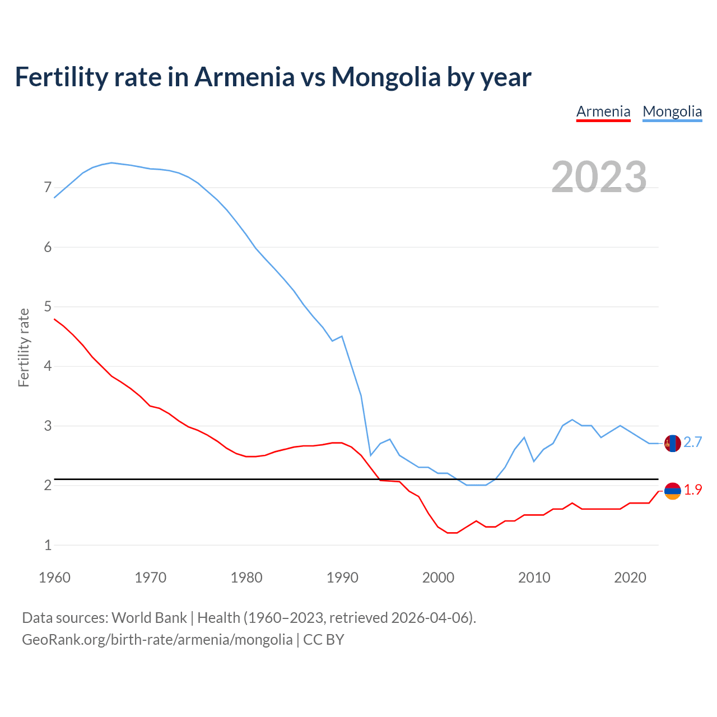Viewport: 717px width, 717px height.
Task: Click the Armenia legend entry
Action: coord(603,111)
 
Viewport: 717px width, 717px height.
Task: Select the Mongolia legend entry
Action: coord(672,111)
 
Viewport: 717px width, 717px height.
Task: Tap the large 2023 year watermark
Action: coord(599,177)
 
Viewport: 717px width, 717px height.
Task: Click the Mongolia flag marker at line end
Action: coord(672,443)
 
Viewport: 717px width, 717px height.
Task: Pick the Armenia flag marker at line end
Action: coord(672,491)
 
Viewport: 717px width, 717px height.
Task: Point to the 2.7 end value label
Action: coord(692,443)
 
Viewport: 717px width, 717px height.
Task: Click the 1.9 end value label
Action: coord(692,490)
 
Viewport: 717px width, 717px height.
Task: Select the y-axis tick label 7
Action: coord(48,188)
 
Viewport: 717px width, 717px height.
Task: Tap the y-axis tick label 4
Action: coord(48,366)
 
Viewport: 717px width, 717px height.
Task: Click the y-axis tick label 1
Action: coord(48,545)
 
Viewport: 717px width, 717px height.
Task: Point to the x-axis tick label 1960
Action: coord(54,578)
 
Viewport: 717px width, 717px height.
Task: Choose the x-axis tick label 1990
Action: coord(342,578)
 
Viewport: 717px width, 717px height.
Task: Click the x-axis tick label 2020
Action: coord(630,578)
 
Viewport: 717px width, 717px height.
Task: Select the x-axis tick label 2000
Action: coord(438,578)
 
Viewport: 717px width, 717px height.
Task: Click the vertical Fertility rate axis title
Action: coord(24,347)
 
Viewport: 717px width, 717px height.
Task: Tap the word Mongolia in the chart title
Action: coord(386,77)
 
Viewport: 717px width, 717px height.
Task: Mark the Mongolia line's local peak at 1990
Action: coord(342,336)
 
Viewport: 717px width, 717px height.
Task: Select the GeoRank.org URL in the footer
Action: coord(157,640)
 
